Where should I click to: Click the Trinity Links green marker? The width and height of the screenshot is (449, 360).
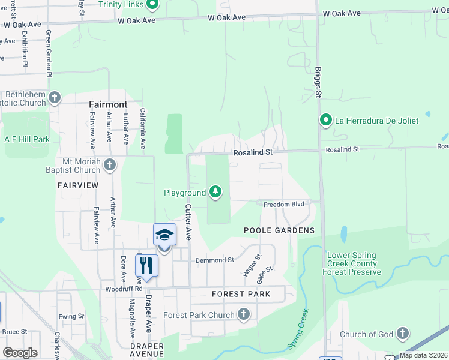[x=152, y=5]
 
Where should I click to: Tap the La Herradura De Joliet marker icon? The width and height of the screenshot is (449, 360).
[x=325, y=121]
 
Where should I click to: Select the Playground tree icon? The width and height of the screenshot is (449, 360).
[x=215, y=193]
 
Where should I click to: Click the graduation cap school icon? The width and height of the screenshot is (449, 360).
[x=164, y=235]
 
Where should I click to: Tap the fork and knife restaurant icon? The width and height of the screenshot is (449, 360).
[x=146, y=265]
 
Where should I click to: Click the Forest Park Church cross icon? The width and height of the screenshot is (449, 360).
[x=244, y=314]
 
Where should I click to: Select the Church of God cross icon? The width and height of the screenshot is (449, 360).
[x=402, y=334]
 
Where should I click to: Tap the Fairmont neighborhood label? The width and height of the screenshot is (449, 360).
[x=108, y=104]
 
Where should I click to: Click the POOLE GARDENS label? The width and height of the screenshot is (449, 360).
[x=279, y=230]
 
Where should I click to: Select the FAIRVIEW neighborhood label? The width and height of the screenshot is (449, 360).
[x=77, y=186]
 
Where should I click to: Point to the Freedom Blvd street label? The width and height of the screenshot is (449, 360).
[x=284, y=204]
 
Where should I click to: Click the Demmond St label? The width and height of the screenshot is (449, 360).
[x=214, y=260]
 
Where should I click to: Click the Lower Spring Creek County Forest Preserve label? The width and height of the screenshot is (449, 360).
[x=352, y=263]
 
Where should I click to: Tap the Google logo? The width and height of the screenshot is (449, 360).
[x=20, y=353]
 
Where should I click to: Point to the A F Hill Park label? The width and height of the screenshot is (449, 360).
[x=26, y=139]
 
